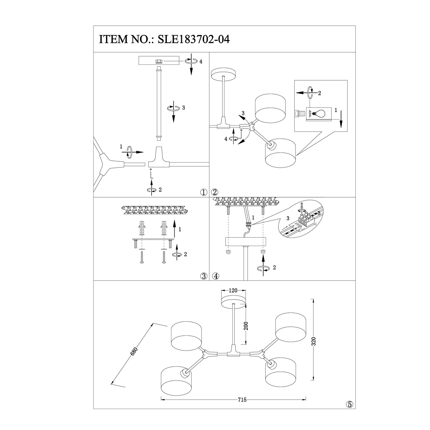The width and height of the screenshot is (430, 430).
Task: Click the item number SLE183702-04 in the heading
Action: [x=192, y=39]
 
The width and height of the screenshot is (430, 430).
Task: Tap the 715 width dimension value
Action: [x=242, y=400]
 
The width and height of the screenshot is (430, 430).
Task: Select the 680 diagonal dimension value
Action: [x=134, y=351]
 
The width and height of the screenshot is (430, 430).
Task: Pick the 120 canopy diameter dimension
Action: [x=233, y=290]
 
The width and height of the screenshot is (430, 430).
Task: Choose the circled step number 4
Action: [x=216, y=276]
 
